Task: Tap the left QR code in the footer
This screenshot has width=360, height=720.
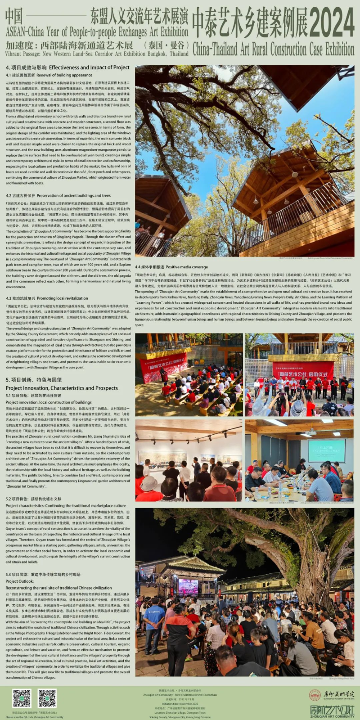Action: coord(22,697)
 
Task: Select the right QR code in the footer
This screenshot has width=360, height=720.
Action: coord(47,697)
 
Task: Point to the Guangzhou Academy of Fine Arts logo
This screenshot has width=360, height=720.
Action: coord(332,694)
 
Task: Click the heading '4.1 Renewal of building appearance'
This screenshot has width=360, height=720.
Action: coord(49,75)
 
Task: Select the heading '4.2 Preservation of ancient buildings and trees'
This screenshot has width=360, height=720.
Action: coord(58,196)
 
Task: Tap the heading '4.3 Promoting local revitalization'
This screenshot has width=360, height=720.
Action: coord(47,298)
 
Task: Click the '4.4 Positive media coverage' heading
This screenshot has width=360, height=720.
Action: coord(171,267)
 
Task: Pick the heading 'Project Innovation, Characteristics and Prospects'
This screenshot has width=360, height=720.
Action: coord(62,388)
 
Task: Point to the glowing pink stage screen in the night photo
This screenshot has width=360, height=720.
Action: coord(188,585)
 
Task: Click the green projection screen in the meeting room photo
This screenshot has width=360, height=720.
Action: coord(327,450)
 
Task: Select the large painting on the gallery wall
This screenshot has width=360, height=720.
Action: coord(162,459)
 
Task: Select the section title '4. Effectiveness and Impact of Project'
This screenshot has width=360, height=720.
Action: coord(67,67)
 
